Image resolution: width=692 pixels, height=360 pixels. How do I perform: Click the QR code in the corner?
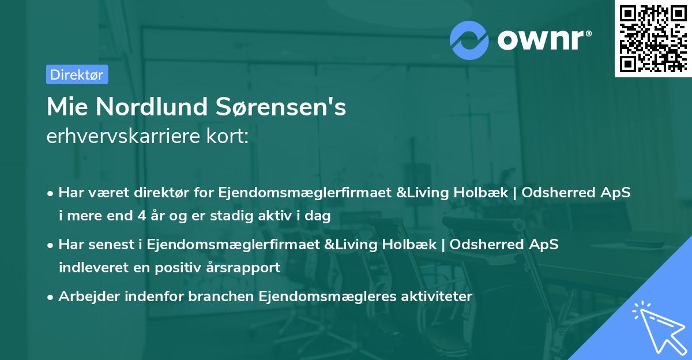tap(652, 39)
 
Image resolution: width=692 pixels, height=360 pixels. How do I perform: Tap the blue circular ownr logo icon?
tap(469, 39)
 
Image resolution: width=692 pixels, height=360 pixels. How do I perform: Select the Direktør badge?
tap(77, 74)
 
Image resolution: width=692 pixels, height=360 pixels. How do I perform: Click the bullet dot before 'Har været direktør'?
tap(51, 193)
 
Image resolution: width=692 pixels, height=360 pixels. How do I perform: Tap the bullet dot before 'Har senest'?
tap(51, 245)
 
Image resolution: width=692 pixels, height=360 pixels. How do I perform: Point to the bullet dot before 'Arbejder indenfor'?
tap(51, 297)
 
